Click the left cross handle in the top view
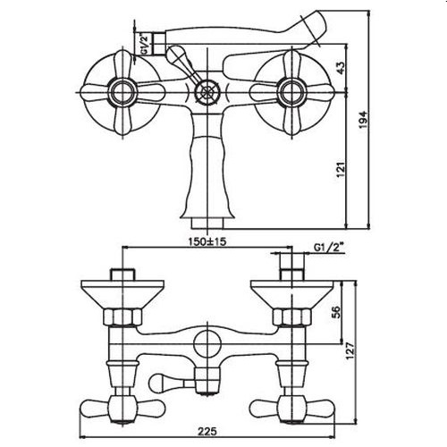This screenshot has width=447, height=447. click(x=117, y=89)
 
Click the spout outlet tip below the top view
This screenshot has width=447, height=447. click(x=205, y=216)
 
